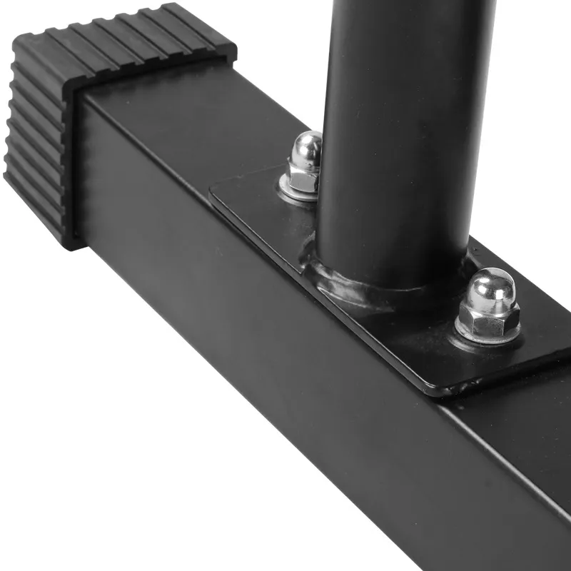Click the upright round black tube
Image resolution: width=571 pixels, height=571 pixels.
click(400, 128)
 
